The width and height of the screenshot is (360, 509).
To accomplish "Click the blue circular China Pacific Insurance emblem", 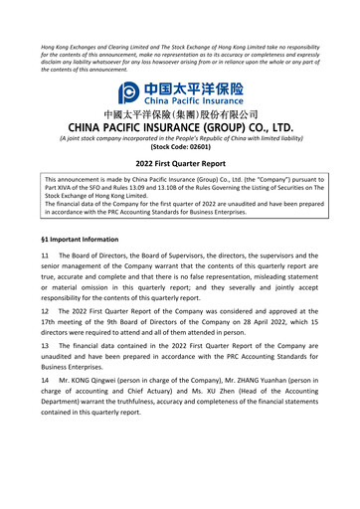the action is (x=130, y=92).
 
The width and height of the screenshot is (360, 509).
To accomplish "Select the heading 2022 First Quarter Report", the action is (x=180, y=163).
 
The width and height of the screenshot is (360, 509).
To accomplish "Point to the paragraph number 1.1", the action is (x=46, y=255).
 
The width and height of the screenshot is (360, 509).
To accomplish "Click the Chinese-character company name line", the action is (x=180, y=114).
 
